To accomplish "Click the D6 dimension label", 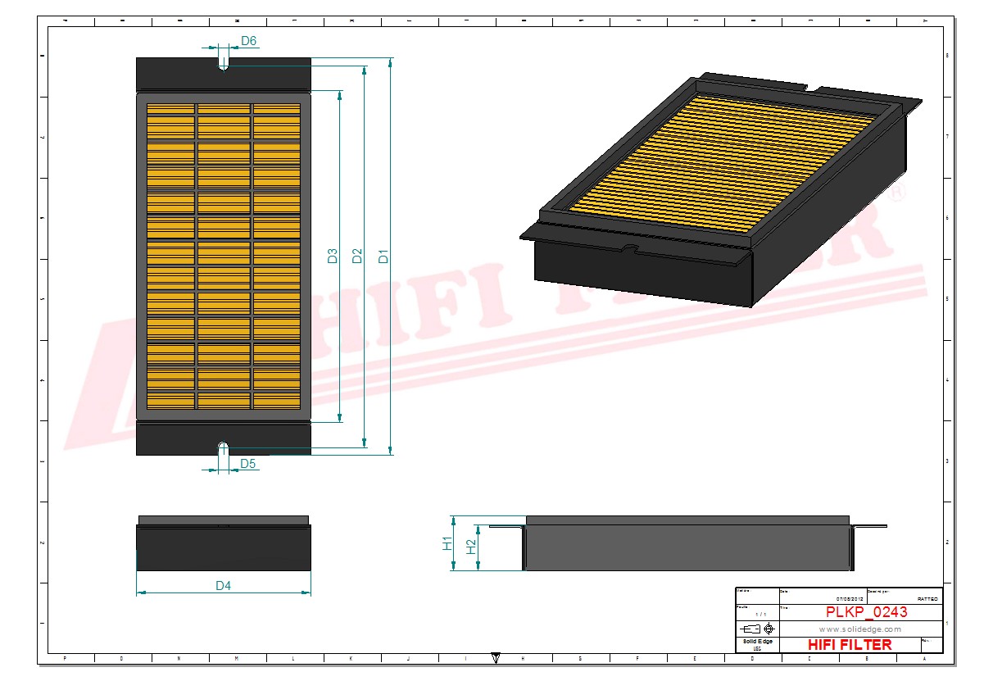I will click(x=248, y=41).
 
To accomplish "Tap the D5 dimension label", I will click(x=248, y=464).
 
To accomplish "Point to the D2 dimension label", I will click(x=357, y=256).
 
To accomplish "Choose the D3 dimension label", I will click(x=333, y=256).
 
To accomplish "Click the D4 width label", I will click(x=223, y=586).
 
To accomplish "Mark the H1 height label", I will click(x=447, y=543).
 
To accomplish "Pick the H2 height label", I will click(x=470, y=547).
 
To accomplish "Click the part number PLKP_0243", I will click(x=866, y=612).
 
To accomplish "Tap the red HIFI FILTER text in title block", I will click(x=849, y=645).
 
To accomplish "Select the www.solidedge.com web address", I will click(x=859, y=629).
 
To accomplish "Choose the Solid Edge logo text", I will click(x=757, y=641).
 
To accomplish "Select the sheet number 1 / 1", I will click(x=760, y=614).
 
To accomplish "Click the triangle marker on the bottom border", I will click(x=496, y=657).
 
